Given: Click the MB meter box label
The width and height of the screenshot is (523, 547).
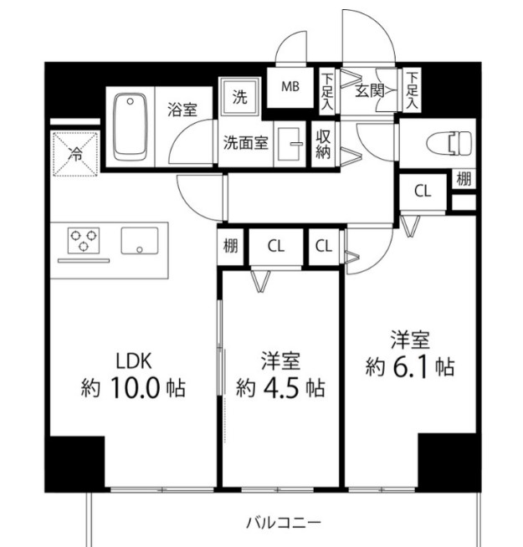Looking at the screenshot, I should coord(290,86).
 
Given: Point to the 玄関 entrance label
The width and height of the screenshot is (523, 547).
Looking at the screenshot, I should coord(369,89).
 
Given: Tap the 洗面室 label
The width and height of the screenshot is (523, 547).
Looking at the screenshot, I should coord(245,142).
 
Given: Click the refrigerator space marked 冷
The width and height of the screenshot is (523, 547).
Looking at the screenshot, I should coord(75,153).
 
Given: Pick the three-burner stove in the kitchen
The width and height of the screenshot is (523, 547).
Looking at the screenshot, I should coord(82,241).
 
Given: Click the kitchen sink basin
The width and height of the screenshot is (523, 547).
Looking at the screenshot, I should coord(138,241).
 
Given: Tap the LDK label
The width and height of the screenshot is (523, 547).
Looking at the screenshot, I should coord(134,361).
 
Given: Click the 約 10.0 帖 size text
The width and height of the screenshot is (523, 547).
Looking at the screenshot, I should coord(134,388).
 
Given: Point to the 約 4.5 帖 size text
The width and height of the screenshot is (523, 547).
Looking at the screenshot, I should coord(280,388).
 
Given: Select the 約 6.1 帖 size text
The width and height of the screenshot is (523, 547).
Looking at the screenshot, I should coord(410,366).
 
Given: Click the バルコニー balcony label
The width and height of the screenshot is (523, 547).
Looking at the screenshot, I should coord(283,524).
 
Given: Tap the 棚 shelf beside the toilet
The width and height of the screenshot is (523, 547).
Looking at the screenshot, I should coord(464,179).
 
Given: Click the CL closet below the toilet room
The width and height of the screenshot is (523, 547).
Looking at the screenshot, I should coord(423,190).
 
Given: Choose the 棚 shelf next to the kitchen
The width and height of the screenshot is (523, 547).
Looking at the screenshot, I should coord(231,247).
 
